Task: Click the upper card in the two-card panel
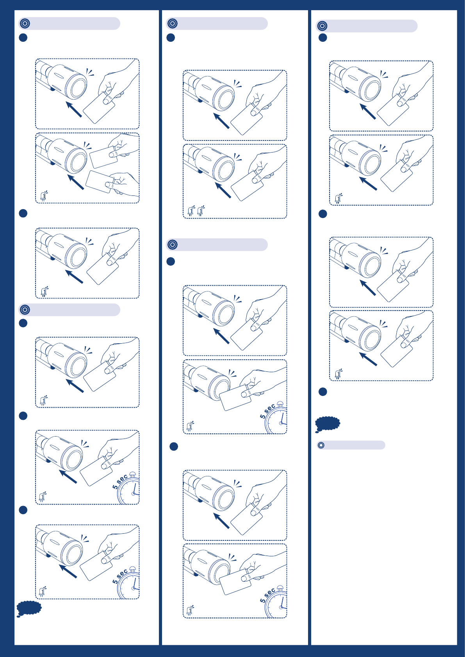click(x=103, y=158)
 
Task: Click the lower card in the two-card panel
click(x=100, y=182)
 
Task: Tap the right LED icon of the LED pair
click(x=201, y=211)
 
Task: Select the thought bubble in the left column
click(x=29, y=609)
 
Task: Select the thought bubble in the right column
click(x=327, y=424)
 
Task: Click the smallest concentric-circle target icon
click(x=321, y=445)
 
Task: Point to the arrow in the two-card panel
click(x=75, y=182)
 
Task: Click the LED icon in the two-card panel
click(x=44, y=196)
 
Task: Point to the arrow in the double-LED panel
click(x=223, y=190)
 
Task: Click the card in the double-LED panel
click(x=247, y=186)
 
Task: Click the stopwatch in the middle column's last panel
click(x=276, y=602)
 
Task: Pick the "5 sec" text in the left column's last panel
click(x=120, y=576)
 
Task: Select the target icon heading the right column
click(x=322, y=26)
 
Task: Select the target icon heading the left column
click(x=25, y=23)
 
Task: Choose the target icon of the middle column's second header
click(x=173, y=244)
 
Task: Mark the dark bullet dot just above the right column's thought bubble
click(x=322, y=392)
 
